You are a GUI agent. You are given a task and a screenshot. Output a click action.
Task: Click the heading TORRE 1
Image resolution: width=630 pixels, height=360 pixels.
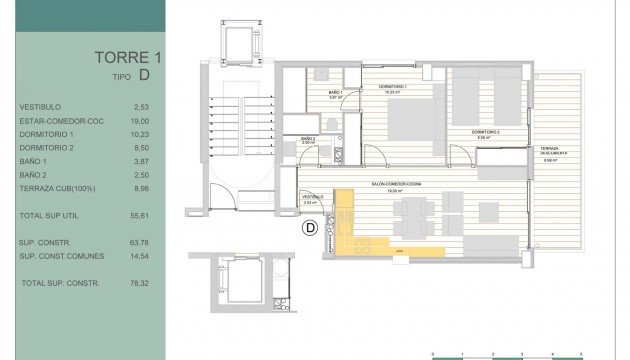click(127, 57)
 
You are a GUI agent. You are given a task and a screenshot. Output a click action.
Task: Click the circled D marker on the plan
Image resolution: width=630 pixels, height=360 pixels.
click(310, 228)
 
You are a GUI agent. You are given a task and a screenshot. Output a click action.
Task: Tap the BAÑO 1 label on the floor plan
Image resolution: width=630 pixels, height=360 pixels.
click(336, 92)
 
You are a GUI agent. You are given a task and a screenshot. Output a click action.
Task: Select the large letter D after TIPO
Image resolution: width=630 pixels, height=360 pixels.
click(146, 74)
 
